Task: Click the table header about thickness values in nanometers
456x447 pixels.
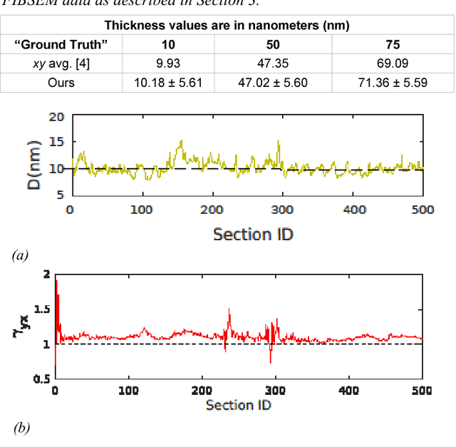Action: tap(227, 26)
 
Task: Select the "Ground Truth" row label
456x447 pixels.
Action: tap(61, 44)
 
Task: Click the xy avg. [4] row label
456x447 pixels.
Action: tap(61, 63)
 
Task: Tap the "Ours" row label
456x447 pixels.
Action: tap(61, 82)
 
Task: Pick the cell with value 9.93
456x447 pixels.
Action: tap(168, 63)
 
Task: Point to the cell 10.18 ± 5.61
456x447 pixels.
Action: tap(168, 82)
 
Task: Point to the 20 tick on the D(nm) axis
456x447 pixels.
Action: tap(56, 117)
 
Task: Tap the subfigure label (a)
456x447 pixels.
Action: tap(20, 255)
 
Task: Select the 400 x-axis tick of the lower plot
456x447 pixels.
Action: tap(348, 391)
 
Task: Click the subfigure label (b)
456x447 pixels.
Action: tap(21, 428)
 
